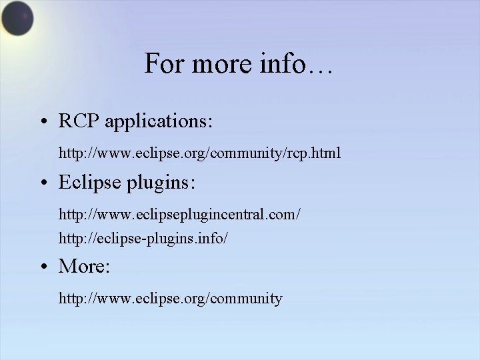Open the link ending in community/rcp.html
(x=200, y=154)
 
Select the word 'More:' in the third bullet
(x=85, y=267)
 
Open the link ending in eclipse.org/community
(x=171, y=299)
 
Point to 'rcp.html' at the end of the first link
(x=317, y=154)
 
